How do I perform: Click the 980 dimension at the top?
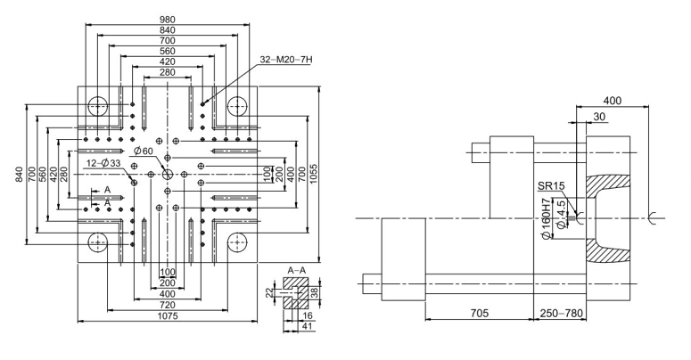(x=168, y=19)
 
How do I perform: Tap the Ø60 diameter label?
(x=145, y=151)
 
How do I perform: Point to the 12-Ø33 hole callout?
(x=105, y=163)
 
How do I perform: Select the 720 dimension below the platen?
(x=167, y=304)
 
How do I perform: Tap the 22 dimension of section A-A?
(x=271, y=291)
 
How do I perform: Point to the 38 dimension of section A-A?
(x=314, y=291)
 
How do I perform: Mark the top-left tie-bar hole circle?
(x=97, y=106)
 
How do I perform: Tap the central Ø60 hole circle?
(x=167, y=174)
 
